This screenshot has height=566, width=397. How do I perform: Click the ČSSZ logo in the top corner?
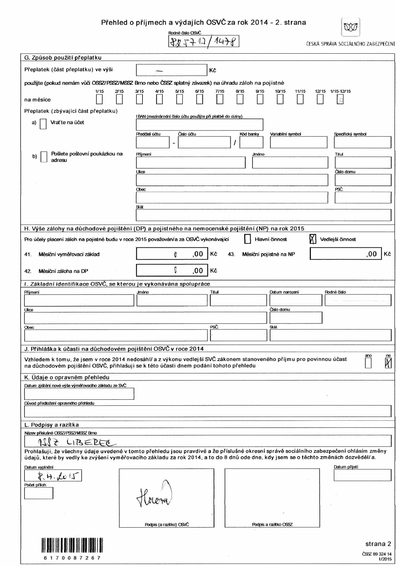[350, 27]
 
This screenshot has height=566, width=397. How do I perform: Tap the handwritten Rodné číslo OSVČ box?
[203, 42]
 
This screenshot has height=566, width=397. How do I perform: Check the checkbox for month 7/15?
[219, 99]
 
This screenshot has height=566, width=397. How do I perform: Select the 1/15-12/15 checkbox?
[340, 99]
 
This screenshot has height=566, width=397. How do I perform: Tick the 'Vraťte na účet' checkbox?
[43, 124]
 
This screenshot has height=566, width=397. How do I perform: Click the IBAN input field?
[199, 125]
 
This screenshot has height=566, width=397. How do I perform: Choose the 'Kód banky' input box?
[251, 142]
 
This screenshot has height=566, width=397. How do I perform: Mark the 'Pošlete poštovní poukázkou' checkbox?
[44, 157]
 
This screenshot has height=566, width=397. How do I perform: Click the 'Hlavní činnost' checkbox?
[247, 239]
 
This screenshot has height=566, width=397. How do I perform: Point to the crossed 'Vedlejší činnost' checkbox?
[312, 239]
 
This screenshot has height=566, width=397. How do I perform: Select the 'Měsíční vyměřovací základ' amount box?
[172, 254]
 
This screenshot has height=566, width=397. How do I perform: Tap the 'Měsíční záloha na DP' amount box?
[172, 271]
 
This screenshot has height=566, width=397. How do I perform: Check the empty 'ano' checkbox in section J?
[368, 364]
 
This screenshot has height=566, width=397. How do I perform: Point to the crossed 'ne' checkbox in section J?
[388, 364]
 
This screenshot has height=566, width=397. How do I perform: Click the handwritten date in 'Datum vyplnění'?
[53, 476]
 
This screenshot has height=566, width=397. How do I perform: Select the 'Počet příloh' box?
[38, 493]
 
